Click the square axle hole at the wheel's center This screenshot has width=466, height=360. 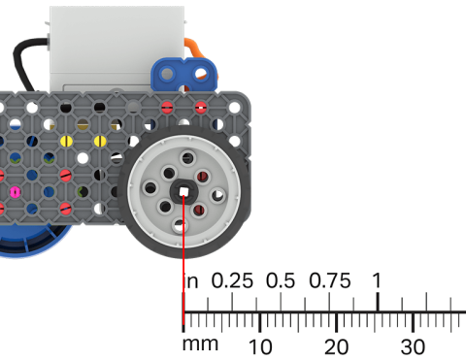click(183, 191)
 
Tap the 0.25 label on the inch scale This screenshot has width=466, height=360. click(232, 280)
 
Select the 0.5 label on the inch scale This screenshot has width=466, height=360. click(281, 280)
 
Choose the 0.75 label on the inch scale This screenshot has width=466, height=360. click(329, 280)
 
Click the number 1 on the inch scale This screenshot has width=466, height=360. click(377, 279)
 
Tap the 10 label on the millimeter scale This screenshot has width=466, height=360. click(260, 346)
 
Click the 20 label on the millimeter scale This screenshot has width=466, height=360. click(336, 346)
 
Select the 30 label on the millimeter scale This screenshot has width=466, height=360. click(413, 346)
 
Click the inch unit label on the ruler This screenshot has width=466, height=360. click(192, 281)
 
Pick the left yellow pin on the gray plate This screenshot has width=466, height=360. click(66, 141)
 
